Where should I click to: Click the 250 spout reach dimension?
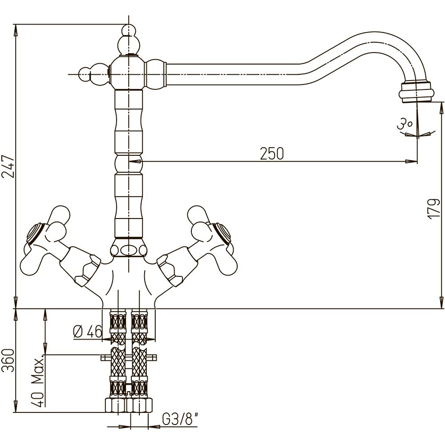tap(271, 154)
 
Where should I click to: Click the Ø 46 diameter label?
tap(87, 332)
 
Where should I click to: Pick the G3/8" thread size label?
tap(178, 420)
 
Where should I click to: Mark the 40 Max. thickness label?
tap(39, 380)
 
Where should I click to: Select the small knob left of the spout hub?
tap(85, 74)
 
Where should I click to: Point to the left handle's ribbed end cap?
tap(35, 233)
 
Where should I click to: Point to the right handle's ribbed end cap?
tap(223, 233)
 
